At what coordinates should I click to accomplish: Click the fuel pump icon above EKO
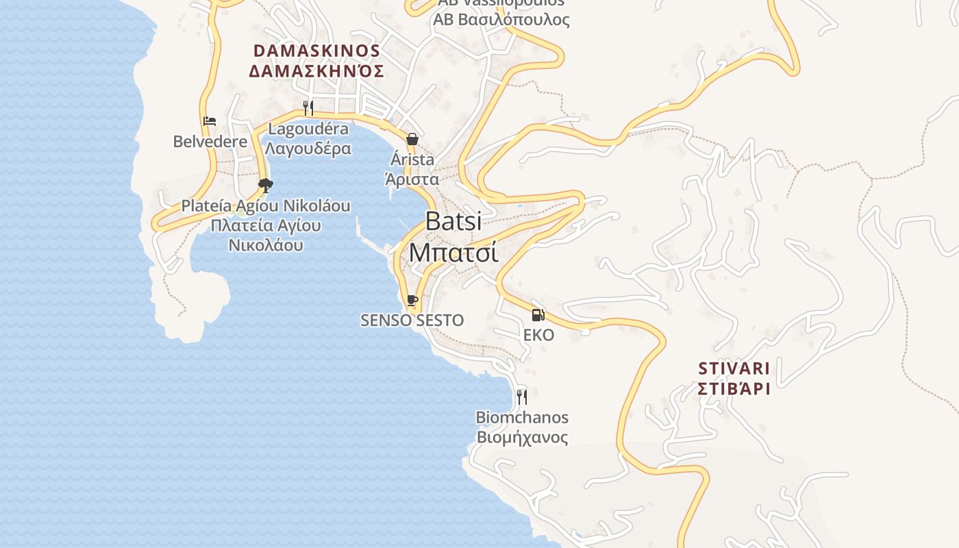[538, 315]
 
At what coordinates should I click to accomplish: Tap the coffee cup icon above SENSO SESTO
[412, 300]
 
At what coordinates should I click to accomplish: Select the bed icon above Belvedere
[210, 122]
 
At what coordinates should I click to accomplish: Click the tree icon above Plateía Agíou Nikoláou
[265, 184]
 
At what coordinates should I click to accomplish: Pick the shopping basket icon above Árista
[412, 139]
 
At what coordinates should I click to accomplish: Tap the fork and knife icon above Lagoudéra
[308, 108]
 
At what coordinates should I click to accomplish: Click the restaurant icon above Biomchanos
[522, 397]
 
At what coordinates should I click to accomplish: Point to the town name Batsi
[453, 221]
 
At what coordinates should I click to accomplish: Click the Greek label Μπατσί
[453, 252]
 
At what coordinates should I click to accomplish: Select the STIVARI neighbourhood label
[734, 369]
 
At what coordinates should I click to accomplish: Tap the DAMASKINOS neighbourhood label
[316, 51]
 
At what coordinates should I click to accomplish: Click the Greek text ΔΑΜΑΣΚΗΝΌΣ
[316, 71]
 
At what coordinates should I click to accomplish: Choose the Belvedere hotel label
[210, 142]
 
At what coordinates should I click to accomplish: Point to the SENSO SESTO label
[412, 320]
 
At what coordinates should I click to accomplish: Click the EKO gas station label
[538, 335]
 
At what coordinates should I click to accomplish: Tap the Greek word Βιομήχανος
[522, 437]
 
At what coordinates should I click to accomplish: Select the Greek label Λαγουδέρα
[308, 148]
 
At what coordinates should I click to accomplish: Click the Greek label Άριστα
[412, 179]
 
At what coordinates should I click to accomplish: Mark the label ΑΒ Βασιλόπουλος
[501, 19]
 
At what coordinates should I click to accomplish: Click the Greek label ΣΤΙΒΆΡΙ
[734, 389]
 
